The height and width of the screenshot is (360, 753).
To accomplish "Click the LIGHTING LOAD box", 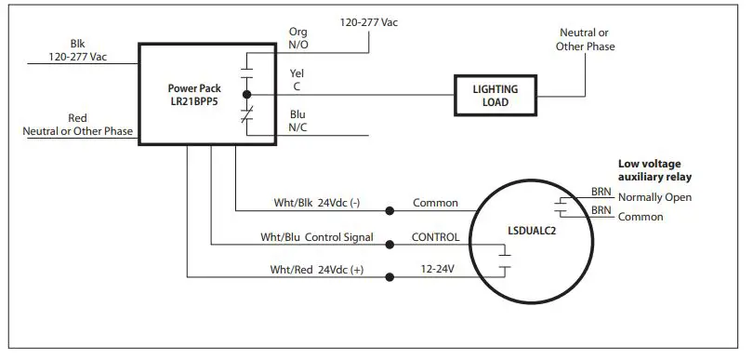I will [x=496, y=96].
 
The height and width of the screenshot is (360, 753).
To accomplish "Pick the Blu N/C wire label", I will [x=297, y=122].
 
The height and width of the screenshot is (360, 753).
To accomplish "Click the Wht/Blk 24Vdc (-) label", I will [x=317, y=202].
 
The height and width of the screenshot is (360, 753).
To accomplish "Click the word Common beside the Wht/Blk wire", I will [x=436, y=202].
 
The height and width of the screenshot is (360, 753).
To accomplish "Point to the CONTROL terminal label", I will [x=436, y=237].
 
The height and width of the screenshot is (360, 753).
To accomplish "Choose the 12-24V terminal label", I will [x=437, y=270].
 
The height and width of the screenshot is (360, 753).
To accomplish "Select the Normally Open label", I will [x=654, y=197].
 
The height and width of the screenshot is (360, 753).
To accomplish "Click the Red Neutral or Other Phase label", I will [x=78, y=125].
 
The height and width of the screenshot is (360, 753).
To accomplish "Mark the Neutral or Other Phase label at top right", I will [x=586, y=39].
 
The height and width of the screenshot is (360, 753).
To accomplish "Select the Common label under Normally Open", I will [x=641, y=218].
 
